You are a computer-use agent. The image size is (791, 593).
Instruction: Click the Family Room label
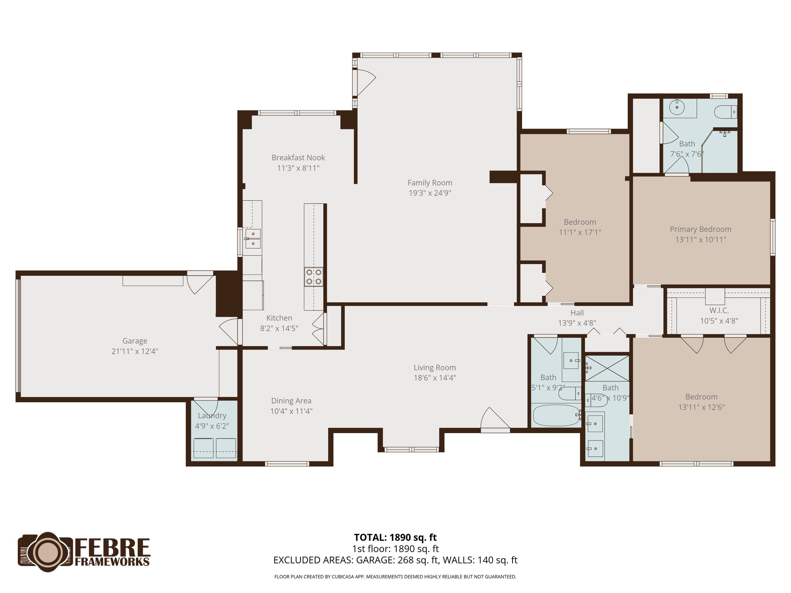[x=429, y=183]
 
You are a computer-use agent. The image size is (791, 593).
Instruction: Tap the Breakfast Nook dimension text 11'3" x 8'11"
[x=298, y=168]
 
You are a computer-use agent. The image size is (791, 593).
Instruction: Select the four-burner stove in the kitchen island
[x=313, y=277]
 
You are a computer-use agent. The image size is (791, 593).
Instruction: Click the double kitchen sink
[x=253, y=239]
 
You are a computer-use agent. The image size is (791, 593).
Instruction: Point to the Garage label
[x=134, y=341]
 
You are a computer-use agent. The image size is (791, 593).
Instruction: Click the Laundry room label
[x=212, y=415]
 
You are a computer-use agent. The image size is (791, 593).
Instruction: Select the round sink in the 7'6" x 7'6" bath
[x=676, y=107]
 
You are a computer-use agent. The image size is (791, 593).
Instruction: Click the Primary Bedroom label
[x=700, y=229]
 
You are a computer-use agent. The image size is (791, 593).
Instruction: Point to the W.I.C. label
[x=719, y=310]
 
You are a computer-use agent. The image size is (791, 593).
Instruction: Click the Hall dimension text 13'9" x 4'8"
[x=577, y=323]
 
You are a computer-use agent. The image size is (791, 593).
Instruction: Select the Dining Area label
[x=291, y=401]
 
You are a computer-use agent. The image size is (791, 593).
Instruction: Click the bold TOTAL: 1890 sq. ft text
[x=395, y=537]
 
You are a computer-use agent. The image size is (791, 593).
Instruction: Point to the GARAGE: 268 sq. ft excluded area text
[x=398, y=560]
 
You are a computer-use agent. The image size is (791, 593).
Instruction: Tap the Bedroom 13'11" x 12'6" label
[x=701, y=397]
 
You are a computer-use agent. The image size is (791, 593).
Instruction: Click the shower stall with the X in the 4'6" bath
[x=607, y=369]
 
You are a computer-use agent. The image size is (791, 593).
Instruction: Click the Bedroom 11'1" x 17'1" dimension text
[x=580, y=232]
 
